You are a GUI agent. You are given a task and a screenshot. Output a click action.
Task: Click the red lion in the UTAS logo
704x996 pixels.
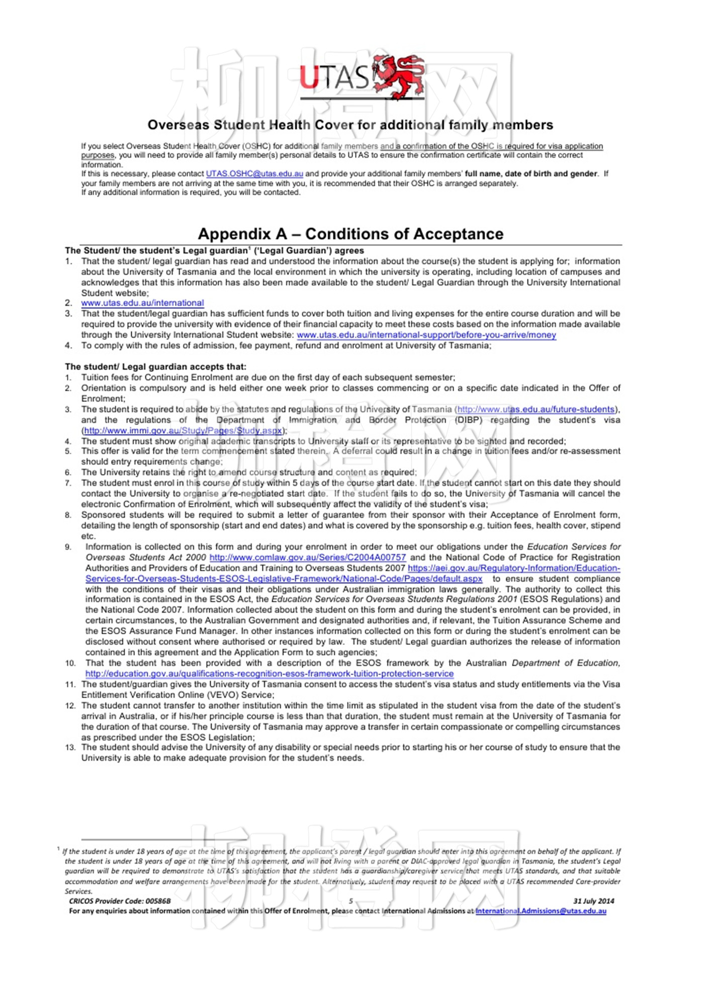[399, 76]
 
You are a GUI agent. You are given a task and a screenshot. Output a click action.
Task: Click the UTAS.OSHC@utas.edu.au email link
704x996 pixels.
[254, 174]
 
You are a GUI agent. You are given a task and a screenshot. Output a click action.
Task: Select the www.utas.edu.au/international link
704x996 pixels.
[142, 303]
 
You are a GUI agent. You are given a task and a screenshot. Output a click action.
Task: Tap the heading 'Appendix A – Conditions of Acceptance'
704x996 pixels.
[350, 234]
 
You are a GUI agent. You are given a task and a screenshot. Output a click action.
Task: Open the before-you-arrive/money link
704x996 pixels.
[426, 335]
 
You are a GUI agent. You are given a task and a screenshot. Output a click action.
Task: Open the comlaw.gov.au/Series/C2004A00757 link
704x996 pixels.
[307, 557]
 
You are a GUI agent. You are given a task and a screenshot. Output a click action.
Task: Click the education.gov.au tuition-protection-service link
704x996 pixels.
[270, 674]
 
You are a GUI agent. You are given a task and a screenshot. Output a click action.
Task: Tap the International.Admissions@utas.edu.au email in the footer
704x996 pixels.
[541, 911]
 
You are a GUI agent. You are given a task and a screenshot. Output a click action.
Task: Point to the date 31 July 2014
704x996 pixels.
[593, 901]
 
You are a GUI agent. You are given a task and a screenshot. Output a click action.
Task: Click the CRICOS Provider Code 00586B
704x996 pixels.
[120, 901]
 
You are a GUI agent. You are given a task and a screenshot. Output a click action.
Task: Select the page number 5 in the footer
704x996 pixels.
[351, 901]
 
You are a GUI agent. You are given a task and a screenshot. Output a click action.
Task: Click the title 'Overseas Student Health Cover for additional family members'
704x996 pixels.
[350, 125]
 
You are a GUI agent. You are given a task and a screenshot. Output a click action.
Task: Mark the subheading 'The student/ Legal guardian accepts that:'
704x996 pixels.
[155, 367]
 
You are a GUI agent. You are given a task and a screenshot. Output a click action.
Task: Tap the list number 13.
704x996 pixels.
[70, 748]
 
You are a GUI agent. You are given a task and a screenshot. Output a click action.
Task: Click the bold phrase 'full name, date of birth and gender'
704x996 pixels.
[531, 174]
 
